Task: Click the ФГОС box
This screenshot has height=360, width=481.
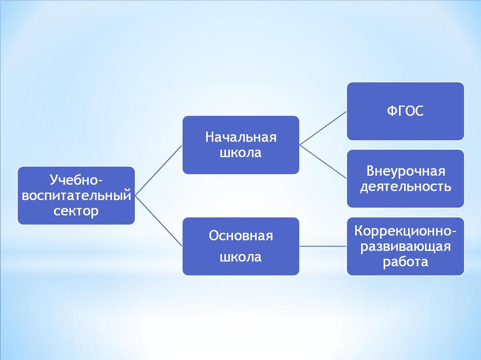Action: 405,111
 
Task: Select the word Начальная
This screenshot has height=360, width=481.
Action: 241,137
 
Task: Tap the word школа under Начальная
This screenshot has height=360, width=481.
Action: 240,152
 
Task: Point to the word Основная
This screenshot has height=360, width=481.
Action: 241,236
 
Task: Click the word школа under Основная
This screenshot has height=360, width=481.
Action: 240,257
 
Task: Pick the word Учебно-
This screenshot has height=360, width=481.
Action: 76,180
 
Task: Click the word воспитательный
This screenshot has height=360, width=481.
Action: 76,195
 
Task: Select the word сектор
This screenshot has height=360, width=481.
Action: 76,212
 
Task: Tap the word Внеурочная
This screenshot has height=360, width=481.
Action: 406,171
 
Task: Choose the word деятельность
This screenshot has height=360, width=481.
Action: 406,187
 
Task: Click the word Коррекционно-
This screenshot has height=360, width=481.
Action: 405,230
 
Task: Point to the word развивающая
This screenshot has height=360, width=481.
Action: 406,247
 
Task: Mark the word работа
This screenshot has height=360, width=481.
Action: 405,262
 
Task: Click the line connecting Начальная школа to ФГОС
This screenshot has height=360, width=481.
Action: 323,128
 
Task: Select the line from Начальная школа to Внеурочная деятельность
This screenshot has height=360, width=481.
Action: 323,162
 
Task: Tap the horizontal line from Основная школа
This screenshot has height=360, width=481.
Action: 323,246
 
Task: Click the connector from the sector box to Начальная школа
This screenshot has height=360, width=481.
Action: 158,170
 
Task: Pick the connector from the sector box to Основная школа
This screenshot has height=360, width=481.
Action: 158,221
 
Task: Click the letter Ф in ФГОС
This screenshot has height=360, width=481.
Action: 392,111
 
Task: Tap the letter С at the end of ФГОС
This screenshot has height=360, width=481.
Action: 419,111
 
